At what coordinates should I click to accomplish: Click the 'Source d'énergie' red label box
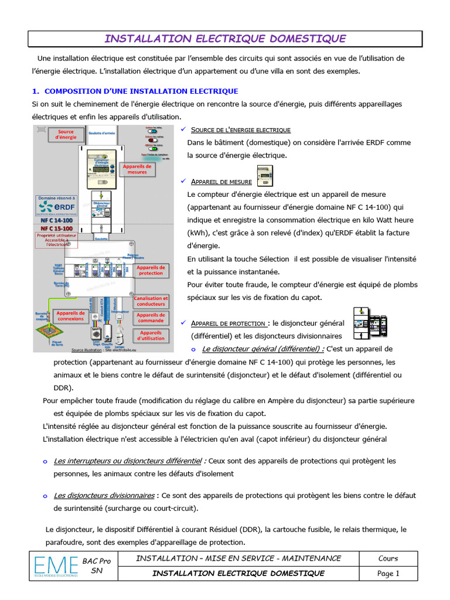coord(66,135)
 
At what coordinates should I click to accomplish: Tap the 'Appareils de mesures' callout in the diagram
coord(137,169)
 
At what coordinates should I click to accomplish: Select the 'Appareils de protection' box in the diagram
coord(151,270)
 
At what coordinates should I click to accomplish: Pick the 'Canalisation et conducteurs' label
coord(151,301)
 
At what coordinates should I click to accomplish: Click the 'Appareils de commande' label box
coord(151,318)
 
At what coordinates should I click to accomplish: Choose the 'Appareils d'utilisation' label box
coord(151,336)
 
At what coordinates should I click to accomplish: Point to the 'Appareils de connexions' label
coord(70,316)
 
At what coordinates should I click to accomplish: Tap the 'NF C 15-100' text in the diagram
coord(56,228)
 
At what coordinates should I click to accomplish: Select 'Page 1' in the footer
coord(388,574)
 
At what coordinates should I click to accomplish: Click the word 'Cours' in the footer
coord(388,558)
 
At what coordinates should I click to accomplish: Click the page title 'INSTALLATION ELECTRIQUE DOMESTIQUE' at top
coord(225,39)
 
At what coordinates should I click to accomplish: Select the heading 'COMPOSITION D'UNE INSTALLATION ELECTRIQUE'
coord(141,91)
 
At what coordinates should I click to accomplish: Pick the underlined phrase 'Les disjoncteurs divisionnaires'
coord(104,495)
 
